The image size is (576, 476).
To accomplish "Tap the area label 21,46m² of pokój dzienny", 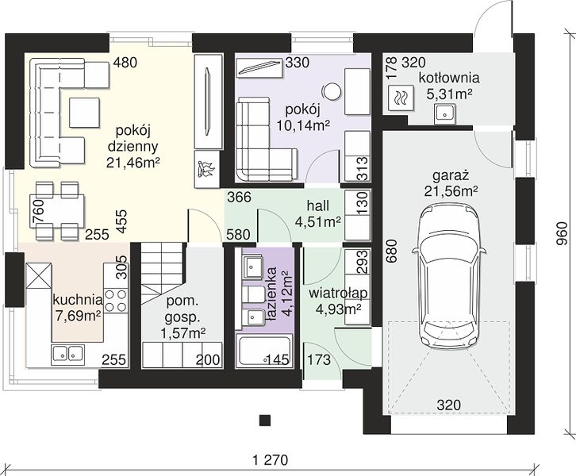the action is pos(133,163).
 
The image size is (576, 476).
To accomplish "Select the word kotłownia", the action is pos(449,79).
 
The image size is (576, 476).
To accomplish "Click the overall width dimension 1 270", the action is pos(271,459).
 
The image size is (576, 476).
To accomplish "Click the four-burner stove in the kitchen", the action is pos(115,301).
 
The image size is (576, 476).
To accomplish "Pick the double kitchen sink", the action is pos(67,353).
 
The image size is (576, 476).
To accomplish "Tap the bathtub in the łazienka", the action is pos(263,351).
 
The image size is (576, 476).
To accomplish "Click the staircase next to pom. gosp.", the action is pos(163,273).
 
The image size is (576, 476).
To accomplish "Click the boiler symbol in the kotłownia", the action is pos(398,98).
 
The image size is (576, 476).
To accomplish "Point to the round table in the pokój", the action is pos(332,90).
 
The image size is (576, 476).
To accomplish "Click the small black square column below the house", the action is pos(265,420).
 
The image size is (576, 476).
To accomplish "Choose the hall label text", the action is pos(318,205).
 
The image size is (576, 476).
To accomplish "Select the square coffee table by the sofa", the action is pos(84,113).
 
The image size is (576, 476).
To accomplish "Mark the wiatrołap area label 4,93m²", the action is pos(338,309).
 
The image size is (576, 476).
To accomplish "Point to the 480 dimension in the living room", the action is pos(125,63).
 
